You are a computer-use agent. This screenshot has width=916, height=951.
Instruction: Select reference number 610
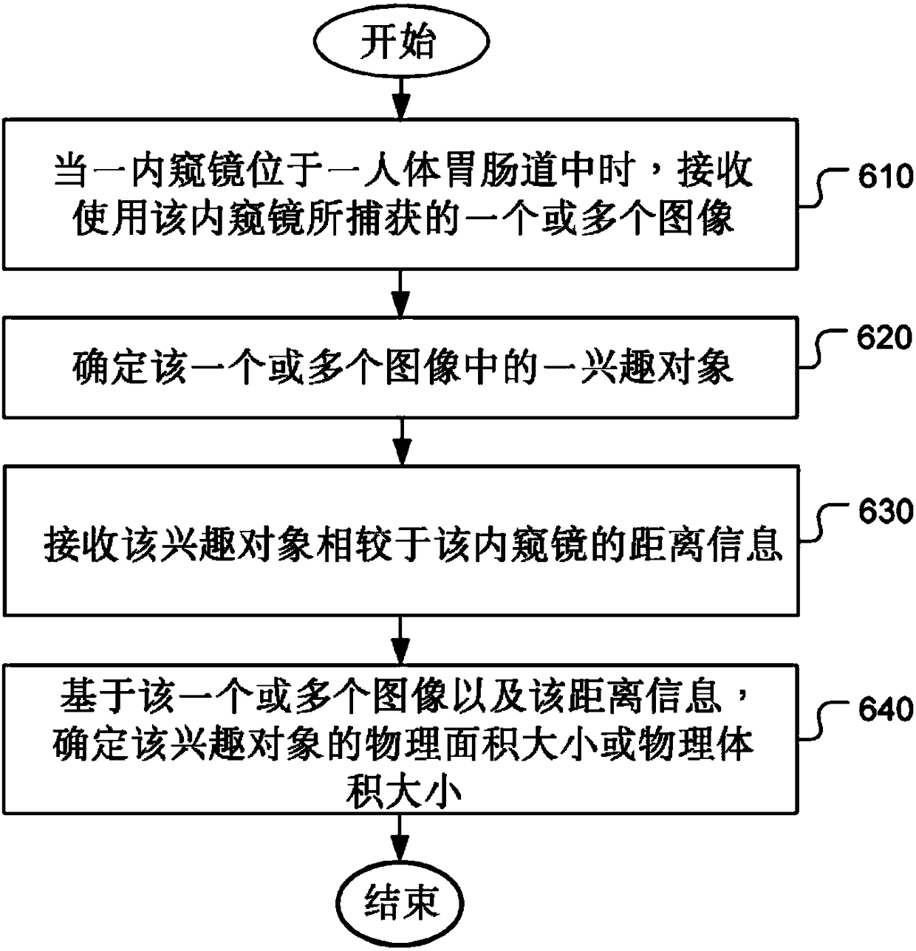pos(886,177)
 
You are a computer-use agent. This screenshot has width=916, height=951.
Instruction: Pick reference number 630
pos(886,512)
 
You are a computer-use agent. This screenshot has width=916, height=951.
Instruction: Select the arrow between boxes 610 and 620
pos(400,293)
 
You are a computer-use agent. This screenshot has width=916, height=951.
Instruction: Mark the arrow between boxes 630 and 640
pos(400,640)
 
